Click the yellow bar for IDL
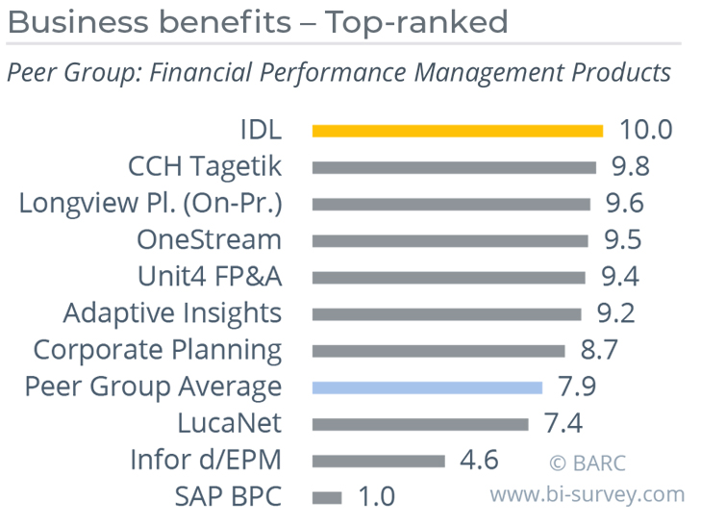(x=457, y=131)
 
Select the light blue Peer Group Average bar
(x=434, y=387)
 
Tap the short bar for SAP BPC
(x=327, y=497)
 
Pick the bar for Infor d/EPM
(x=379, y=461)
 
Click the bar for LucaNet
(x=420, y=424)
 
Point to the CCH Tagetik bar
(x=454, y=167)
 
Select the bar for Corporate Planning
(x=444, y=351)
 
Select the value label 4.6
(x=478, y=461)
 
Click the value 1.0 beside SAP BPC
(x=376, y=497)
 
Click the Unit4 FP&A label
(x=210, y=277)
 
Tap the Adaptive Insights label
(x=172, y=313)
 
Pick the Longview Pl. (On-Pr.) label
(x=151, y=204)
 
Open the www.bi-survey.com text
(x=588, y=495)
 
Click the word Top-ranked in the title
(x=415, y=21)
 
